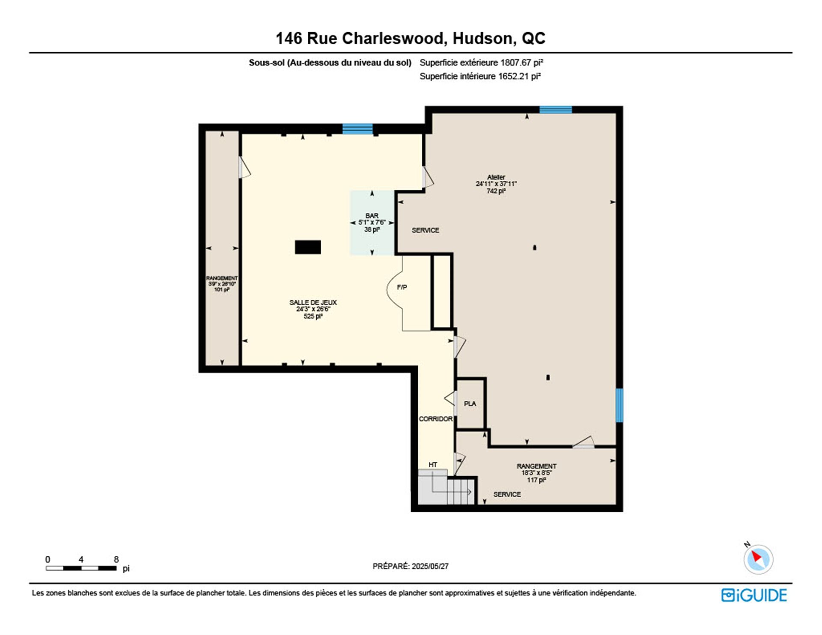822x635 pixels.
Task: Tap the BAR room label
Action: coord(372,216)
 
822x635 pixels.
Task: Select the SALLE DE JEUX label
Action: coord(313,302)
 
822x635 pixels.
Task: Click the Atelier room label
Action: coord(496,177)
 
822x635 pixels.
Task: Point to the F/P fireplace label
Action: coord(402,287)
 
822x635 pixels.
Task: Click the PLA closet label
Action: coord(470,403)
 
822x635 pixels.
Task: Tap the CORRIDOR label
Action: coord(435,419)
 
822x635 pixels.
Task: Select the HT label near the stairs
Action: coord(433,465)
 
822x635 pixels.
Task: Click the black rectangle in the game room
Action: coord(308,247)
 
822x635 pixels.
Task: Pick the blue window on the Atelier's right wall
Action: coord(619,405)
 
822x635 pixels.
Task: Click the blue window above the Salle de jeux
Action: coord(357,129)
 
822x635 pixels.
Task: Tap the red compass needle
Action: coord(756,556)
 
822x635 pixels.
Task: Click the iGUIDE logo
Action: coord(754,595)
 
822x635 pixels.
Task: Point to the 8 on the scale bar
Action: coord(116,559)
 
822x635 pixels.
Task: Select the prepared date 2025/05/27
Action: coord(430,566)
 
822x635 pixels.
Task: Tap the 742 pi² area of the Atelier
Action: coord(496,191)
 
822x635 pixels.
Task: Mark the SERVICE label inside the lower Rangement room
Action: coord(507,494)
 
